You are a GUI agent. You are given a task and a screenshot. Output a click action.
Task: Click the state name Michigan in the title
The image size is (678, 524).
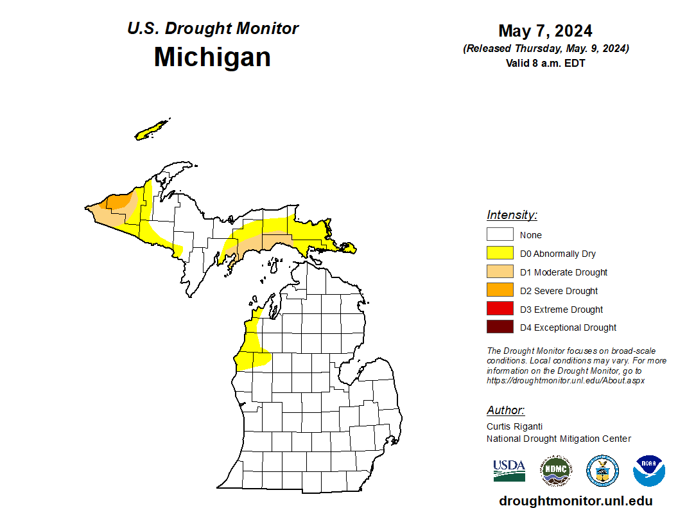click(x=212, y=57)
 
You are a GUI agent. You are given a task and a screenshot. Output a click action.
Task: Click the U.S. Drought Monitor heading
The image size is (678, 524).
click(x=213, y=29)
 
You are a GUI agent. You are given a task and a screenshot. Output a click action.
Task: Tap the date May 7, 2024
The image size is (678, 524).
click(x=544, y=31)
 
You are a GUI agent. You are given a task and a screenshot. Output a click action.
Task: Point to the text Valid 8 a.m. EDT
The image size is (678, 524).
click(x=545, y=63)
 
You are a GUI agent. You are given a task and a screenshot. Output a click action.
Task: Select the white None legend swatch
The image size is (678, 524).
click(x=500, y=234)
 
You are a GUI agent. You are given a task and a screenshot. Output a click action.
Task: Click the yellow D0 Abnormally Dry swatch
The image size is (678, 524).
click(x=500, y=253)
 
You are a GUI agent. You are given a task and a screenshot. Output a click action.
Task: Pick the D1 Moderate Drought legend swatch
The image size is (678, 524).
click(x=500, y=272)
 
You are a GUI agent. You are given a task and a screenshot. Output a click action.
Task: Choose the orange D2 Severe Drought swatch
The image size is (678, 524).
click(x=500, y=290)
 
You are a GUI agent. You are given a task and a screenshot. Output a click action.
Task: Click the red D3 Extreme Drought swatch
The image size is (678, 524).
click(x=500, y=309)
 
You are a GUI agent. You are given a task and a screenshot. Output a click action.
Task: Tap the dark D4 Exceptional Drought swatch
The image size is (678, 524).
click(x=500, y=327)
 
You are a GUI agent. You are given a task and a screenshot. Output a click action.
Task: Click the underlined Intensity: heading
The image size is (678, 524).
click(x=512, y=215)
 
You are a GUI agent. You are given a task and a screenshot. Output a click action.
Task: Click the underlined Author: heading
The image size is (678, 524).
click(x=505, y=410)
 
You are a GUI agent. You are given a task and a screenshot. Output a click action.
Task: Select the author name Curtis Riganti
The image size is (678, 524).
click(x=515, y=426)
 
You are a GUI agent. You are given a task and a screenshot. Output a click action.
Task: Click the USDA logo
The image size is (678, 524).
click(x=509, y=470)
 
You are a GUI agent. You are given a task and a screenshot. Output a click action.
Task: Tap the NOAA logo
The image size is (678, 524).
click(x=648, y=470)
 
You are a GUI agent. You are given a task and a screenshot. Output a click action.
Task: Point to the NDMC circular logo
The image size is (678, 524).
click(x=555, y=470)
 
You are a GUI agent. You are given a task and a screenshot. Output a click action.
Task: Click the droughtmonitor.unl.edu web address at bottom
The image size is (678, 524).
click(x=575, y=501)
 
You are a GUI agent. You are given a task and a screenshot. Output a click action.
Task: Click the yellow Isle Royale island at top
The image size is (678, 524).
click(x=152, y=130)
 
